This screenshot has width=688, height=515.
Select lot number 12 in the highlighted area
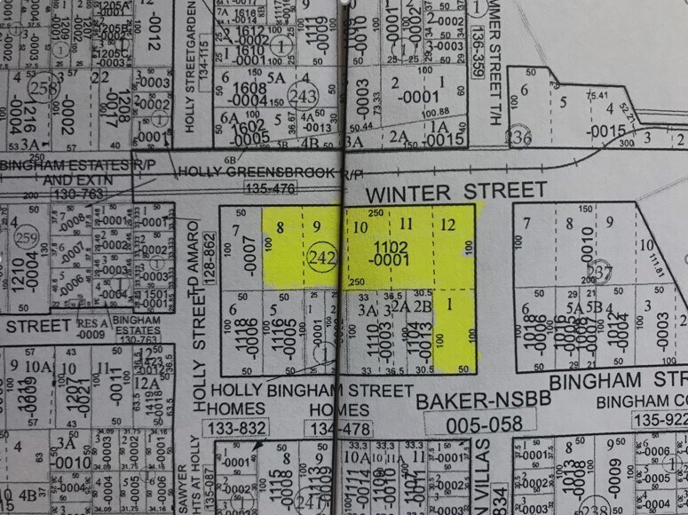[x=447, y=225]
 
